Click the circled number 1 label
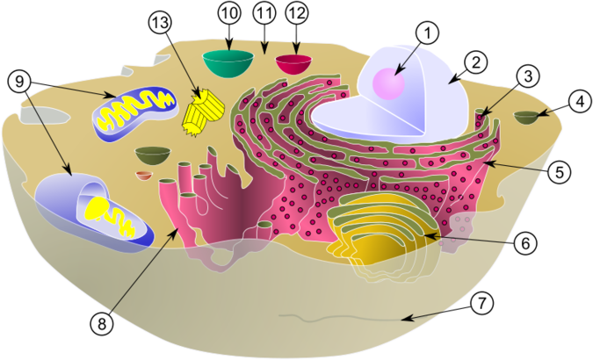[427, 33]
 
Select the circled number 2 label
[475, 62]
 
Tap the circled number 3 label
[528, 76]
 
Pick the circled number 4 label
[580, 101]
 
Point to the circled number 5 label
[560, 172]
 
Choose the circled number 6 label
[525, 243]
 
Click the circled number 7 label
[481, 303]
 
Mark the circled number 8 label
[102, 324]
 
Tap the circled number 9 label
[19, 82]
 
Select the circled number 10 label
[229, 13]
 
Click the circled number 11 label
[264, 13]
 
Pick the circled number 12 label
[297, 13]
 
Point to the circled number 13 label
[160, 23]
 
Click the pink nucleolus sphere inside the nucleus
[389, 83]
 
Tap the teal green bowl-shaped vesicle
[228, 63]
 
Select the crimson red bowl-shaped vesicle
[293, 64]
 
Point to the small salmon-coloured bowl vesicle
[144, 176]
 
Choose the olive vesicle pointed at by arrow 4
[526, 118]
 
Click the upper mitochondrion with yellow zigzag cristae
[135, 113]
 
